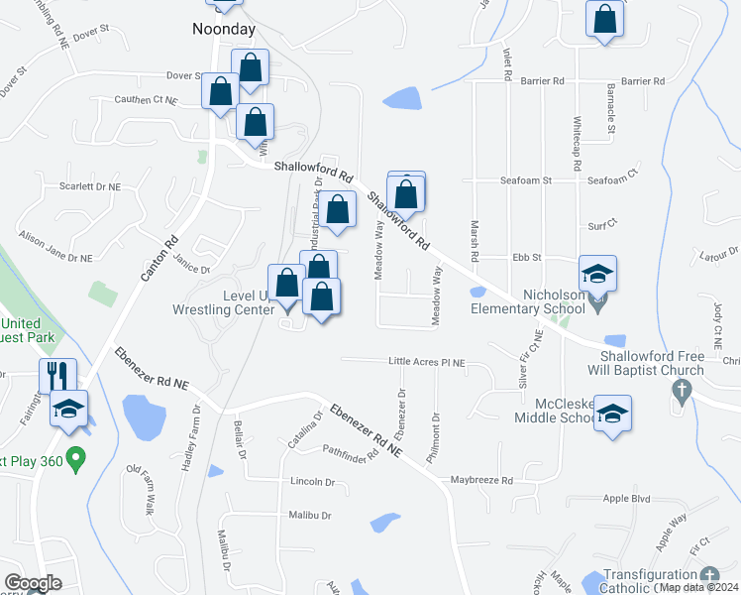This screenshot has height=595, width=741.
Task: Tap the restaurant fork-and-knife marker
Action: tap(56, 376)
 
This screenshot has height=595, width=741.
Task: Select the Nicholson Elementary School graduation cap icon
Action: tap(598, 274)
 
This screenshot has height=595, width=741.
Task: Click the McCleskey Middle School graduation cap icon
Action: tap(612, 415)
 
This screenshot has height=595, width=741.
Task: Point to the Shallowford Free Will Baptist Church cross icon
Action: tap(681, 391)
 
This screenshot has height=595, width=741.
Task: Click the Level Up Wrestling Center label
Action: tap(222, 303)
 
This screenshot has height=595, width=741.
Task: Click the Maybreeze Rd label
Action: tap(480, 481)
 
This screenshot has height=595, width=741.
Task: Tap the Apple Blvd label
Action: tap(626, 499)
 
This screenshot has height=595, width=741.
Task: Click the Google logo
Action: tap(33, 583)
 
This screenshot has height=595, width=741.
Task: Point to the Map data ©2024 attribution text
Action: tap(698, 587)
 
